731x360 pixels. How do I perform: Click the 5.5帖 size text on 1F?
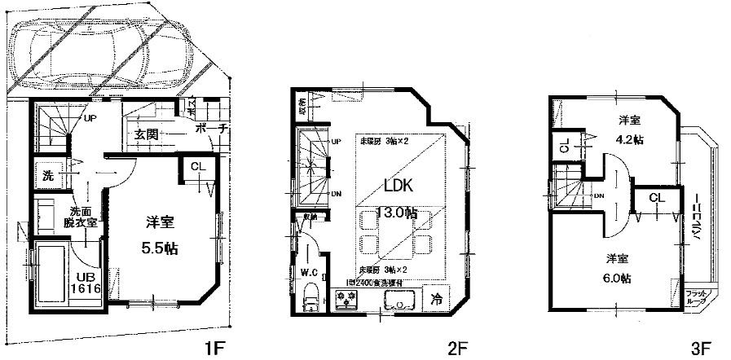(158, 248)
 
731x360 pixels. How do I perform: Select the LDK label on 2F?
(399, 185)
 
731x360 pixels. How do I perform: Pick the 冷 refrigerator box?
(437, 299)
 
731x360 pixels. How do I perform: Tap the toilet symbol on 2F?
(310, 299)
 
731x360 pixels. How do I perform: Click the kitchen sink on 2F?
(397, 301)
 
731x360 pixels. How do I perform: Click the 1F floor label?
(214, 349)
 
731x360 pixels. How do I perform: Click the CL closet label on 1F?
(196, 167)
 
